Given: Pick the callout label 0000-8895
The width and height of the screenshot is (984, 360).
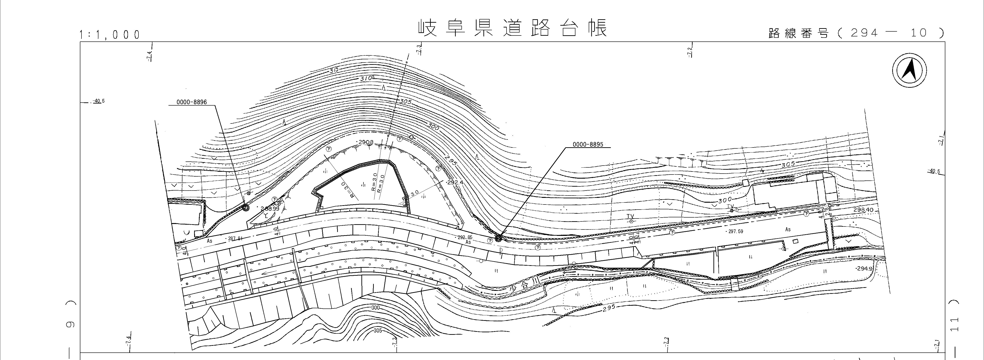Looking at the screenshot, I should pyautogui.click(x=588, y=145).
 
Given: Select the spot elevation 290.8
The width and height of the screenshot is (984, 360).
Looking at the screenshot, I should pyautogui.click(x=366, y=142).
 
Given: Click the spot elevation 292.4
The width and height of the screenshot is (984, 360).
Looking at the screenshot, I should pyautogui.click(x=455, y=183).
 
